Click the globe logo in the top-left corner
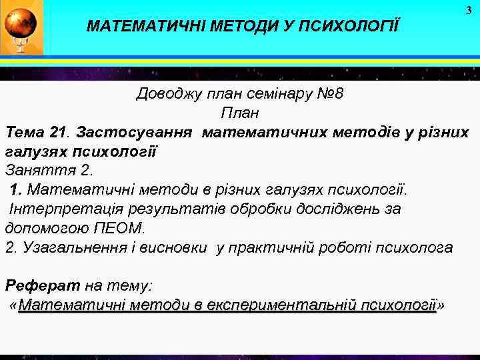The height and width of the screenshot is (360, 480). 21,27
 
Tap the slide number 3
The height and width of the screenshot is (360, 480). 468,10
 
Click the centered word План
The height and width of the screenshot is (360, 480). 239,113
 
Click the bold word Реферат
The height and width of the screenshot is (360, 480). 42,286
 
